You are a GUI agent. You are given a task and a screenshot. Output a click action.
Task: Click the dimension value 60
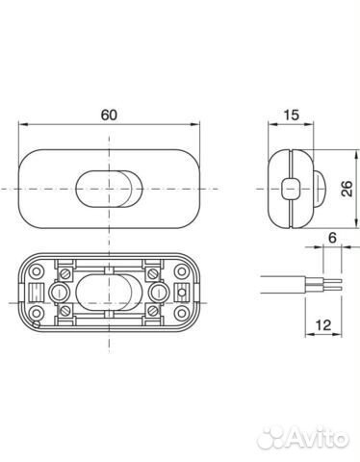[x=109, y=115]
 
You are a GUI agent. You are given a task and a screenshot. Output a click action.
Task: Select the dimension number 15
[x=292, y=115]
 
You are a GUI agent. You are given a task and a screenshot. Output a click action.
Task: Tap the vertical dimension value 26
[x=347, y=189]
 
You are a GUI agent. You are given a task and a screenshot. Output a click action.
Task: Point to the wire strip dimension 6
[x=332, y=238]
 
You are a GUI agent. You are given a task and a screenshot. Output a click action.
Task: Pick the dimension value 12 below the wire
[x=323, y=325]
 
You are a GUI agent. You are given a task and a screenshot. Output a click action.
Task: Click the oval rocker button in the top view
[x=109, y=189]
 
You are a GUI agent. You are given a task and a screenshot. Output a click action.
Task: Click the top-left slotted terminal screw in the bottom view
[x=66, y=273]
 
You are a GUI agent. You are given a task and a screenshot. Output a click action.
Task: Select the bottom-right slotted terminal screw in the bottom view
[x=152, y=310]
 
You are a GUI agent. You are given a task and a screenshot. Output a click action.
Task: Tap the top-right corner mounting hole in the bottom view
[x=182, y=271]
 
